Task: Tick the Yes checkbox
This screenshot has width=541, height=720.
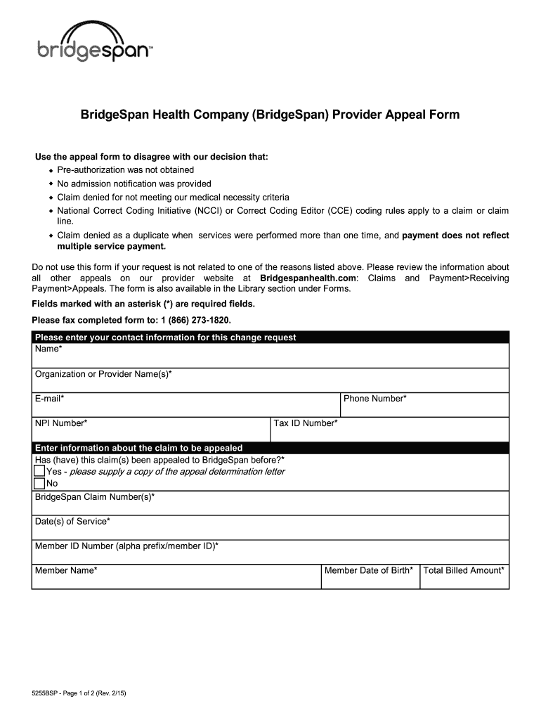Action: pyautogui.click(x=39, y=472)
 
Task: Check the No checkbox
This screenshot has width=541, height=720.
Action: pyautogui.click(x=39, y=484)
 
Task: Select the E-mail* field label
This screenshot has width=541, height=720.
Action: pyautogui.click(x=50, y=399)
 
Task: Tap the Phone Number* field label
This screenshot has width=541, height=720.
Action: pyautogui.click(x=375, y=399)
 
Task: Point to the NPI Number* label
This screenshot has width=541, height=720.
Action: pyautogui.click(x=61, y=423)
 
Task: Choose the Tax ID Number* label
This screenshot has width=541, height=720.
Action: pyautogui.click(x=306, y=423)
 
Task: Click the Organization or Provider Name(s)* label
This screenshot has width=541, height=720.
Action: pyautogui.click(x=103, y=374)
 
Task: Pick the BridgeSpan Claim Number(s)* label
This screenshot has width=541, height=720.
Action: pyautogui.click(x=95, y=497)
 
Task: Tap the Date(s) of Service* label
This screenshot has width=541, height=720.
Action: pyautogui.click(x=72, y=522)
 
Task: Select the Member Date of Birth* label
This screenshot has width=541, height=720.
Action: pyautogui.click(x=369, y=570)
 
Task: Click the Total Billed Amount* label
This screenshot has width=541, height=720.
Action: pyautogui.click(x=464, y=570)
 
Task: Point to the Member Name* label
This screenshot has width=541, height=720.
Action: pyautogui.click(x=66, y=570)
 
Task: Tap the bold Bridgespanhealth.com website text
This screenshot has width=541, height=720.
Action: pyautogui.click(x=308, y=278)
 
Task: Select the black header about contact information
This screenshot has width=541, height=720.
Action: pyautogui.click(x=166, y=337)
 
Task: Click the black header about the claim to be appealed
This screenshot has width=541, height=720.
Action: pyautogui.click(x=139, y=448)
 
